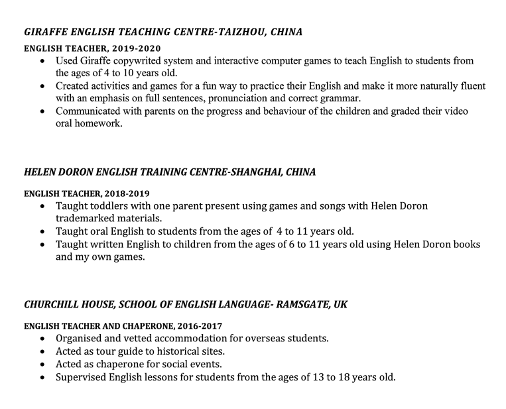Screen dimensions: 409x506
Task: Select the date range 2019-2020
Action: [136, 48]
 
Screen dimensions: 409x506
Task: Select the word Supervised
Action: [82, 377]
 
